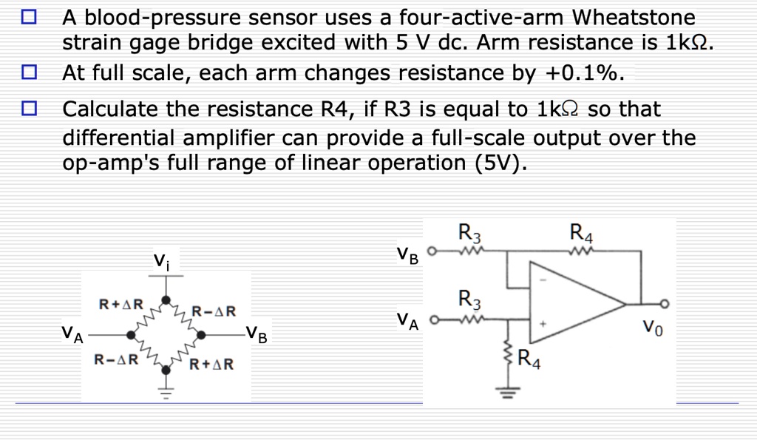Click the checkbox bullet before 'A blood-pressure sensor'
28,17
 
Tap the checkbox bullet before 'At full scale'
28,73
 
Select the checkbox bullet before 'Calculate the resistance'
28,109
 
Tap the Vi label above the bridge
160,260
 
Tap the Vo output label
653,326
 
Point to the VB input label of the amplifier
407,256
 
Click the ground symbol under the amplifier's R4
507,392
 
